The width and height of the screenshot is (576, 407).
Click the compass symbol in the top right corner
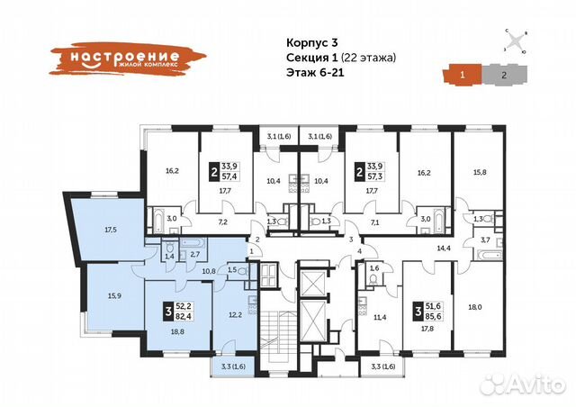[x=515, y=41]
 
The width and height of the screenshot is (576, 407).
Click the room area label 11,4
[x=381, y=316]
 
